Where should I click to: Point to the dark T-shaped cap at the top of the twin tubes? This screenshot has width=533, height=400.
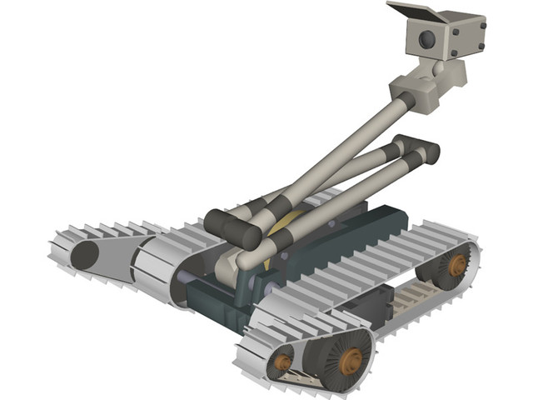(416, 147)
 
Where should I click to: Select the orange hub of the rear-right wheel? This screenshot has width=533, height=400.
(456, 265)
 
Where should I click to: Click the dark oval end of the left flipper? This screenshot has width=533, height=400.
(83, 255)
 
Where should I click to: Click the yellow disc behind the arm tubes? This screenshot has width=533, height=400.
(287, 223)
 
